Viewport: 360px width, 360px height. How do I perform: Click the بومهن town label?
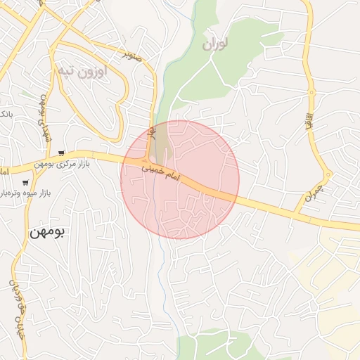pos(46,232)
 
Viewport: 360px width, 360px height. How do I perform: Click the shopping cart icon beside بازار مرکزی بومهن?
pos(63,153)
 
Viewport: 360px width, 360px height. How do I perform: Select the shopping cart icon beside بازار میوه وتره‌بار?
pos(25,181)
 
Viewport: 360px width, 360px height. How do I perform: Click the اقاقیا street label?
pos(307,116)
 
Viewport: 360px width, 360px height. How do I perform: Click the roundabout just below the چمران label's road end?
pos(328,174)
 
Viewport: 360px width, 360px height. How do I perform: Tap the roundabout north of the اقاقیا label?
pos(311,93)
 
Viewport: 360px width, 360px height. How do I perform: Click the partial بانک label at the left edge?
pos(5,113)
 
